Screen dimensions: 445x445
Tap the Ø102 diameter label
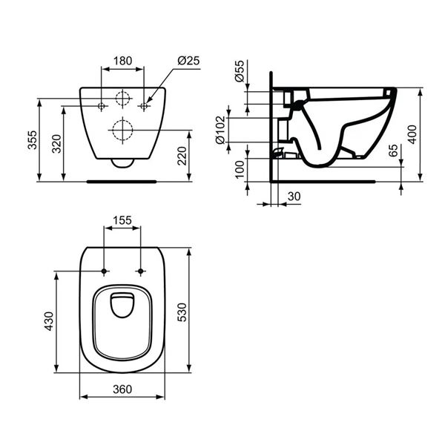(240, 129)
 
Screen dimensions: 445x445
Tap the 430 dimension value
(49, 322)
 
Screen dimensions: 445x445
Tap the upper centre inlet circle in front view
(122, 99)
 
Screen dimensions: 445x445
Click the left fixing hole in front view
(102, 107)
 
